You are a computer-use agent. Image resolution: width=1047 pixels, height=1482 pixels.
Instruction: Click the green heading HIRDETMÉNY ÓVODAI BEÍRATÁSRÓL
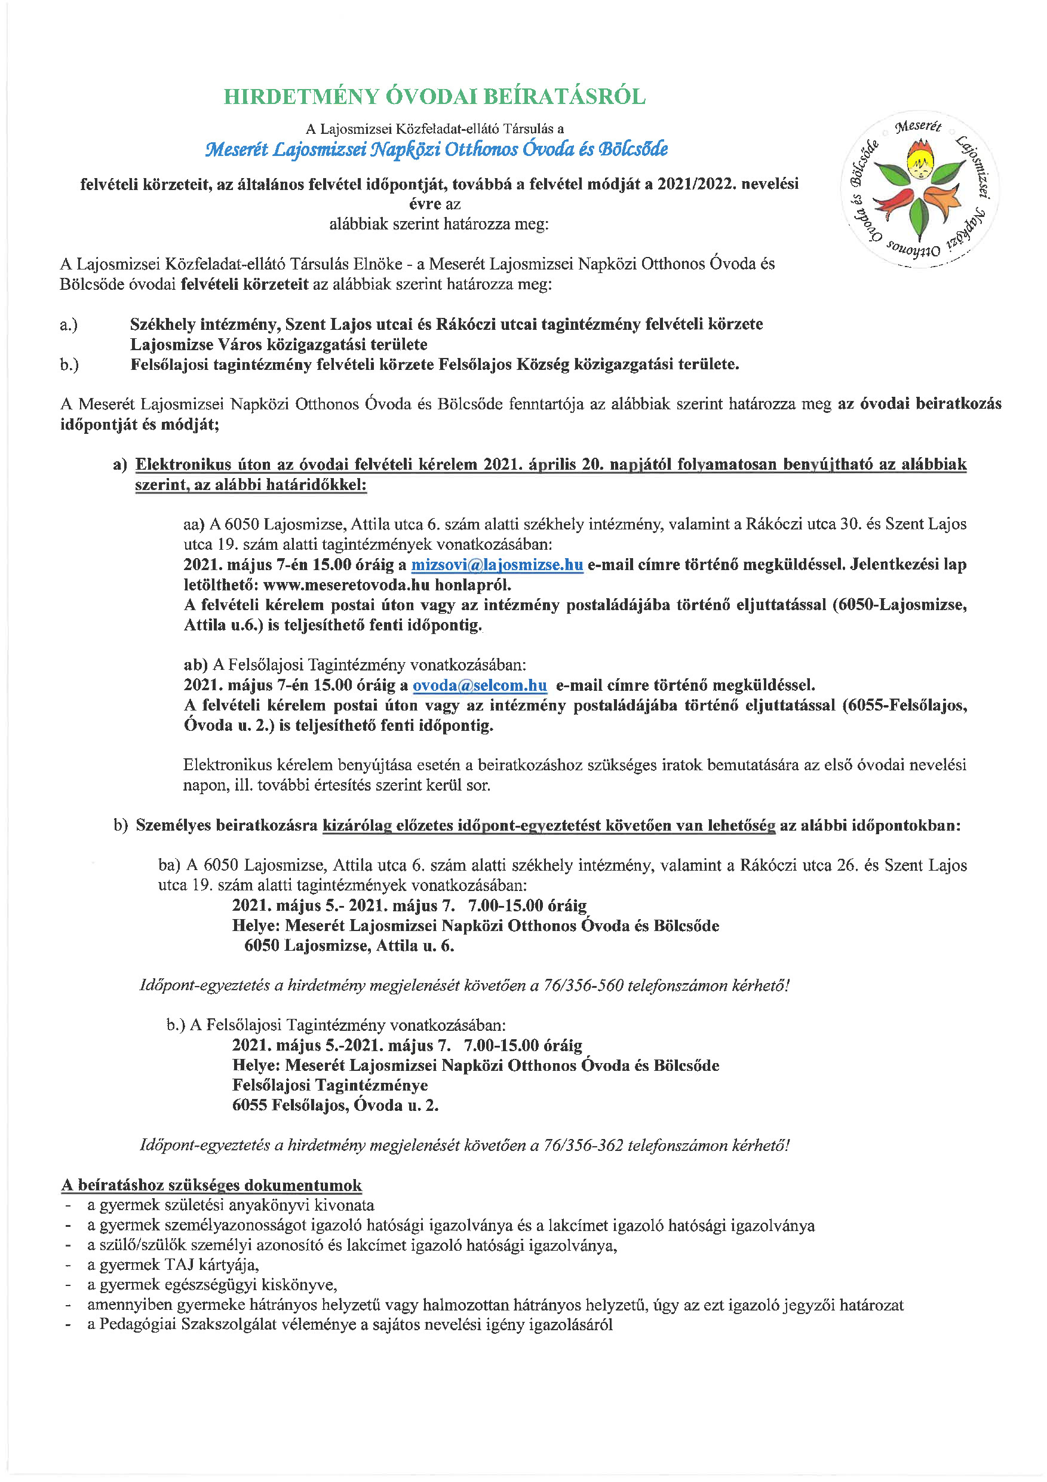coord(434,97)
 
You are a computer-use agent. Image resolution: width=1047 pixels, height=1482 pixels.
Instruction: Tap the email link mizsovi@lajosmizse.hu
coord(497,565)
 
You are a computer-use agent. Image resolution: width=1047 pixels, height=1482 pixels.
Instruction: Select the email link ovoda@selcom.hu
coord(480,685)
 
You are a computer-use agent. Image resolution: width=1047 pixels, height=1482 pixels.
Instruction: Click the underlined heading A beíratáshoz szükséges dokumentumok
coord(211,1186)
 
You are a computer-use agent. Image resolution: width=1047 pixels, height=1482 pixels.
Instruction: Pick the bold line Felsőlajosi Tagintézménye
coord(330,1086)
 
